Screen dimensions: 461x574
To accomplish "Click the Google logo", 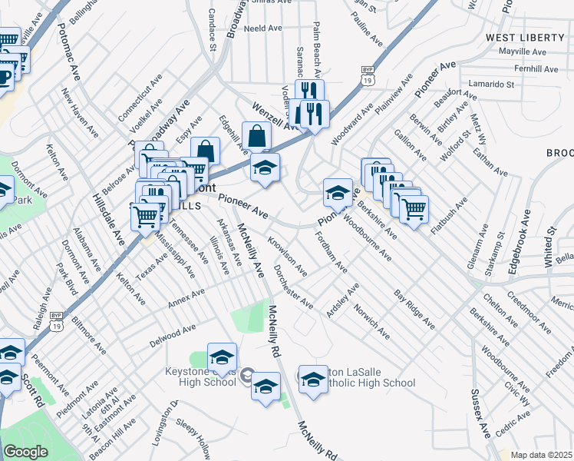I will tap(25, 452).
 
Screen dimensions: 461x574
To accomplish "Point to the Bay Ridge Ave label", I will tap(414, 310).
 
